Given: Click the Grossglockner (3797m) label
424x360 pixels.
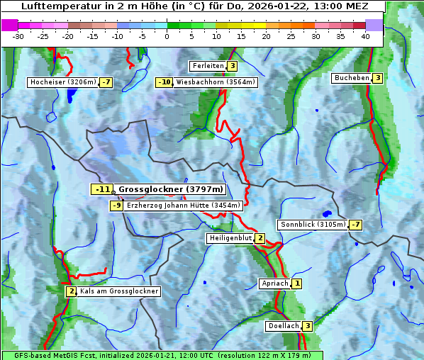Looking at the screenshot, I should point(171,189).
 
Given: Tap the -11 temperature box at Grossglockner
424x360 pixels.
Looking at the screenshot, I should point(102,189).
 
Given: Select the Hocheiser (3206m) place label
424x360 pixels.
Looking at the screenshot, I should point(62,82).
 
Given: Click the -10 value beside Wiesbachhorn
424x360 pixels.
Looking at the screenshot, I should point(164,82).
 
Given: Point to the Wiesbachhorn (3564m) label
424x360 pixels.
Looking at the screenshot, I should point(216,82).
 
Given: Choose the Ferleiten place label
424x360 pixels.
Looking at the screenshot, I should point(208,66).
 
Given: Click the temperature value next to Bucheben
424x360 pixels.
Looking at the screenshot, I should point(378,78).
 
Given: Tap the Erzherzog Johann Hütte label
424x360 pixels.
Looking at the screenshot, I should point(184,206).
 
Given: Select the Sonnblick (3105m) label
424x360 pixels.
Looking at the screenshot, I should point(313,225).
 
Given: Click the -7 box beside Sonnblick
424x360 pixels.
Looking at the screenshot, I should point(356,225).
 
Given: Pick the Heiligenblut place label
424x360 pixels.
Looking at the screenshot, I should point(230,238).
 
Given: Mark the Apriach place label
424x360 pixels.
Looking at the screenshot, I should point(275,283).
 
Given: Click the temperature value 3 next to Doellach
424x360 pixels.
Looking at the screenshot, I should point(307,326).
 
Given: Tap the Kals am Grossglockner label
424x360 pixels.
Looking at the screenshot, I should point(118,291).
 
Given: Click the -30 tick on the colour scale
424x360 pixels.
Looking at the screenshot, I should point(18,36).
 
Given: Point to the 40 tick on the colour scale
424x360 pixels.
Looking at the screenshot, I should point(365,36).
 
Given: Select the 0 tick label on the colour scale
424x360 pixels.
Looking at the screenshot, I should point(167,36).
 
